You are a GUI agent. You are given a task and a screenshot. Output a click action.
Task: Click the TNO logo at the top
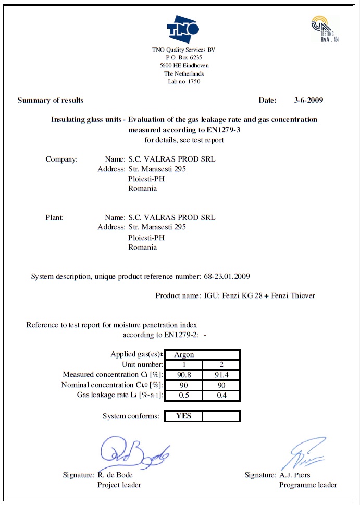pos(183,30)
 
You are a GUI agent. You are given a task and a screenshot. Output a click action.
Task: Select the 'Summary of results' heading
pos(51,100)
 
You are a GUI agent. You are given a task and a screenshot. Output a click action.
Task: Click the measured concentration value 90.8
pos(183,375)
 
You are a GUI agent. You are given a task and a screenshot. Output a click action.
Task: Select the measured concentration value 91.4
pos(221,375)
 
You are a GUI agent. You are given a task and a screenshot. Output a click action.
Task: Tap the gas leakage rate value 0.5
pos(183,395)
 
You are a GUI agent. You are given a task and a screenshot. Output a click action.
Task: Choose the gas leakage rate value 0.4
pos(221,395)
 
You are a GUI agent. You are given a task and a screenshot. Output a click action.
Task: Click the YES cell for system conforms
pos(183,416)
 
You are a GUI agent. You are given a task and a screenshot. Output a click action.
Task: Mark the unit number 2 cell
pos(221,364)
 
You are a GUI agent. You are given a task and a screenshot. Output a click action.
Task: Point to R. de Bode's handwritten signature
pos(133,452)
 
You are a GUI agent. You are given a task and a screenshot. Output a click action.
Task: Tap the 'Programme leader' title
pos(308,485)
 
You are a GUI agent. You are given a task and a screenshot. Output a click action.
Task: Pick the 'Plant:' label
pos(55,217)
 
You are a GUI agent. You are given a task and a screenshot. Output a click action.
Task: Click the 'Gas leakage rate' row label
pos(120,395)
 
